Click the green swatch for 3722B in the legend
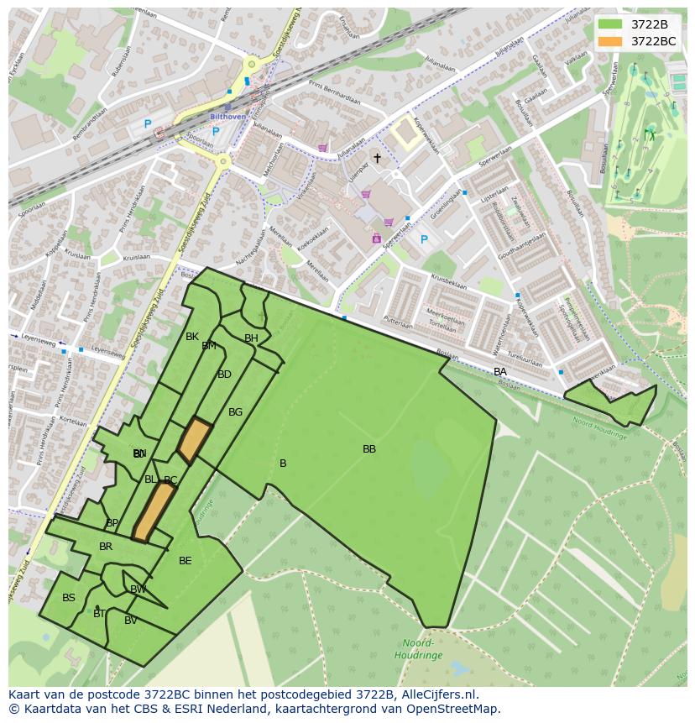point(610,24)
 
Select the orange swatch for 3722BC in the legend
point(610,41)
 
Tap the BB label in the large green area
point(369,449)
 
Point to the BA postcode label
point(500,372)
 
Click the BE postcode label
point(186,561)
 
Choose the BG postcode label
point(235,412)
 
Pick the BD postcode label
point(224,375)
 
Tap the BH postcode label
point(251,338)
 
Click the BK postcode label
point(192,337)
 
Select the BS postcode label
point(69,598)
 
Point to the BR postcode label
point(106,547)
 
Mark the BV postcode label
point(131,621)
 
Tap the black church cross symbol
point(377,158)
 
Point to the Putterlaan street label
point(397,322)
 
